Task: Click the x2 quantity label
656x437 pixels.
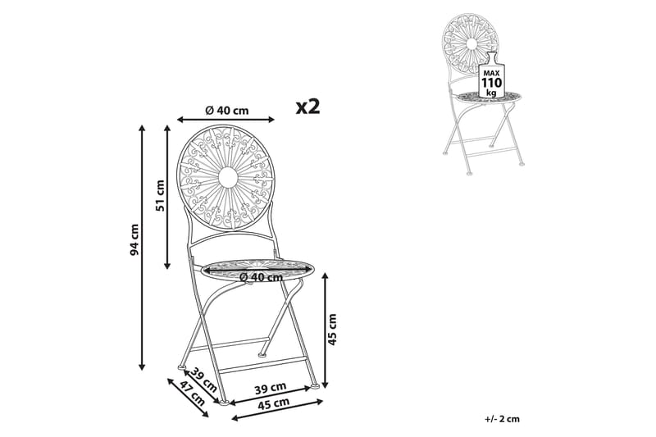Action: pyautogui.click(x=308, y=107)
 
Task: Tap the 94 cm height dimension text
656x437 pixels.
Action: pyautogui.click(x=134, y=240)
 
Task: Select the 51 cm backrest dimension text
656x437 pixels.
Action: pyautogui.click(x=160, y=195)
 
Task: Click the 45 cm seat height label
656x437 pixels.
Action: pyautogui.click(x=332, y=329)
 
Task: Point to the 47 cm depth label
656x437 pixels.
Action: pyautogui.click(x=192, y=394)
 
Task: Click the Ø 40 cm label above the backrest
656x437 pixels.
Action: pyautogui.click(x=227, y=111)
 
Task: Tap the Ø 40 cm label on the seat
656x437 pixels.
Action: pyautogui.click(x=262, y=276)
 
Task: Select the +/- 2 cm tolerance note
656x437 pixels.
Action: pyautogui.click(x=503, y=419)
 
